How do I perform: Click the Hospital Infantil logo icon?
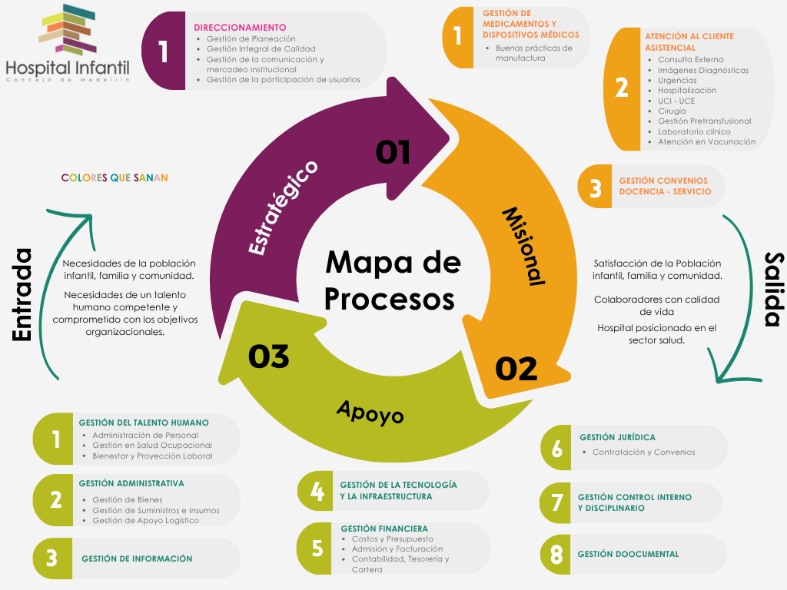click(x=68, y=29)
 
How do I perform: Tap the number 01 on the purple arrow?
click(x=393, y=152)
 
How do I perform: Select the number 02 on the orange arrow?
click(x=516, y=370)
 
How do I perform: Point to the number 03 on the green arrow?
click(x=268, y=356)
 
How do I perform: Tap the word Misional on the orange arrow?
click(x=523, y=246)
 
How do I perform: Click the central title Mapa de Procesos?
click(x=393, y=280)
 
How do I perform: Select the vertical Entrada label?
click(x=22, y=294)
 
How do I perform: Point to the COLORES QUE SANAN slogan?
click(x=115, y=178)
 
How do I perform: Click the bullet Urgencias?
click(x=677, y=80)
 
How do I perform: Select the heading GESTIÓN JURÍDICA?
click(x=617, y=437)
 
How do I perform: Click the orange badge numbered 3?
click(x=595, y=187)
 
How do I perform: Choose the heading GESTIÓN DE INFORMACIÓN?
click(x=137, y=559)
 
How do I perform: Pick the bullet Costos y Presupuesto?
click(x=392, y=539)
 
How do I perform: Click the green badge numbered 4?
click(x=317, y=491)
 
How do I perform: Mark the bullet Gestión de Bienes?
click(x=127, y=500)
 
